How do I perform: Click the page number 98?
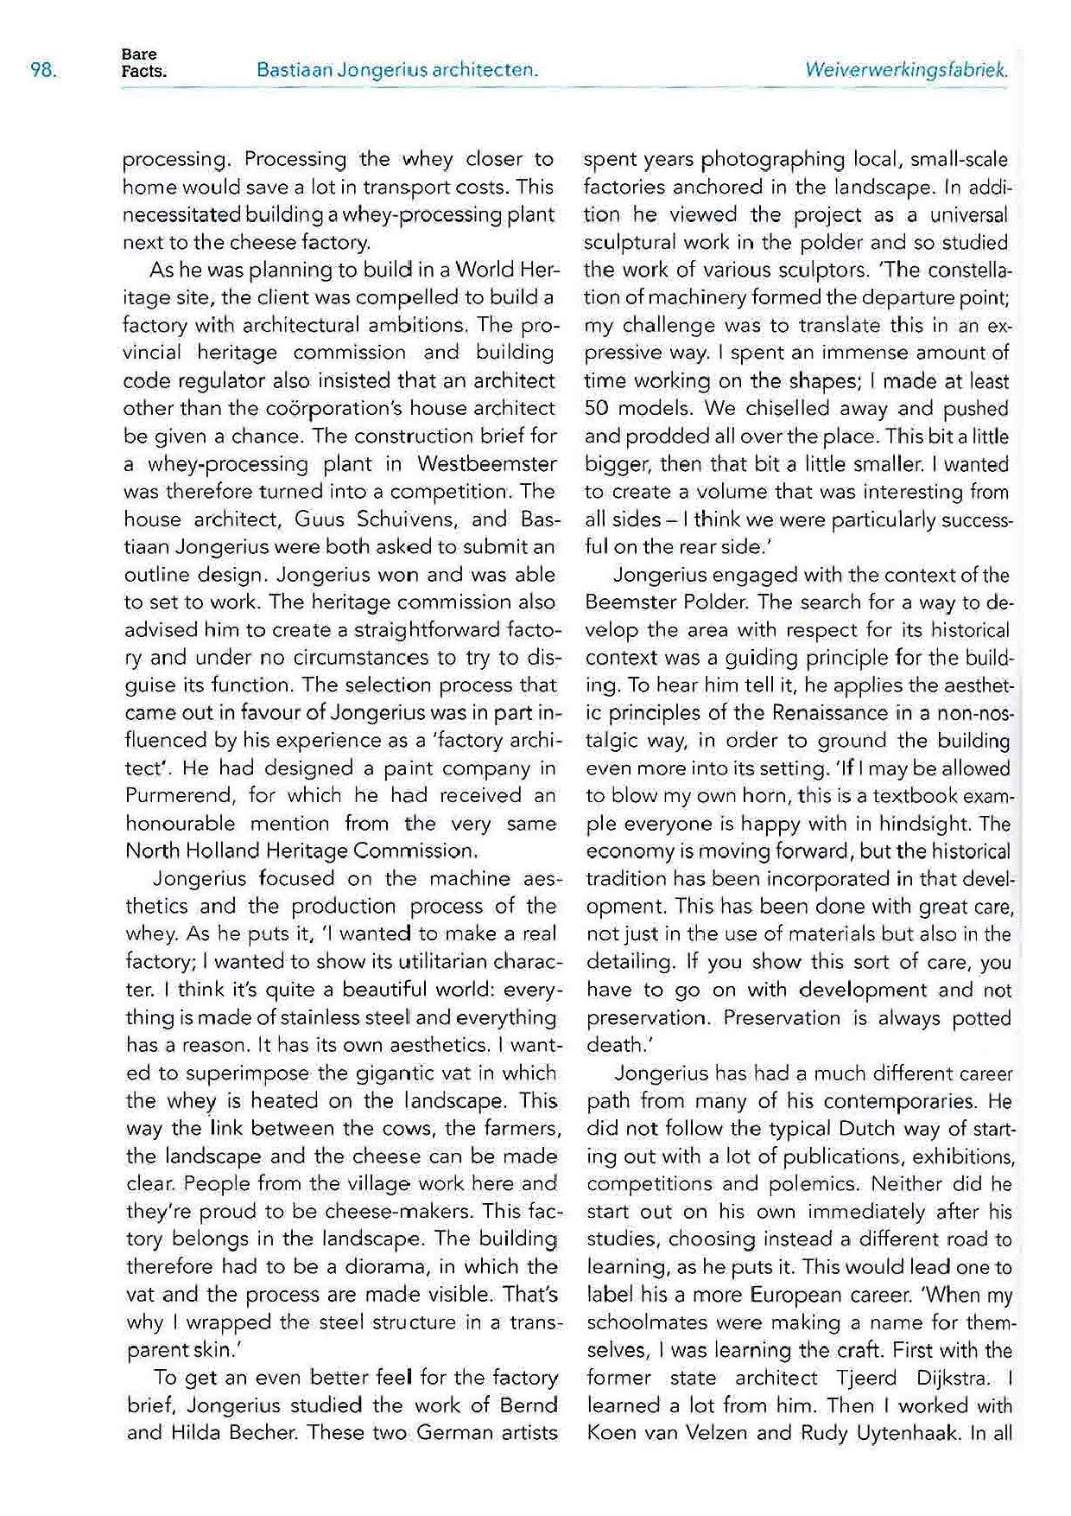tap(43, 70)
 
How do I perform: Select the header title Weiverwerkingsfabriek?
tap(906, 70)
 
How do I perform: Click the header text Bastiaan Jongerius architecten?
tap(397, 70)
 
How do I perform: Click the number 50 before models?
tap(598, 408)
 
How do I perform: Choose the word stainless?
tap(276, 1017)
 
